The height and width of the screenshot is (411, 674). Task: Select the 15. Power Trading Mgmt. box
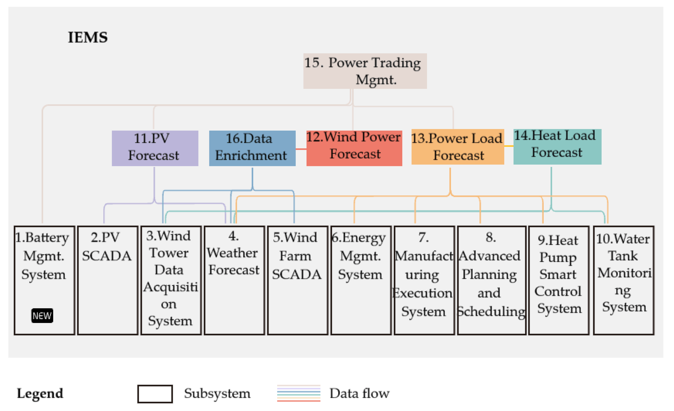pos(365,71)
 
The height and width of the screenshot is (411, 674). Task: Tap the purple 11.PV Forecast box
pos(155,148)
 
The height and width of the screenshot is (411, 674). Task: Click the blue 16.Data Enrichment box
pos(252,148)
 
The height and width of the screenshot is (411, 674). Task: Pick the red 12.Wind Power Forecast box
pos(354,148)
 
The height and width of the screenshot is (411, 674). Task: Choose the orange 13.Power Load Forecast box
pos(457,147)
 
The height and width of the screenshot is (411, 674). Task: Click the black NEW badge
pos(42,315)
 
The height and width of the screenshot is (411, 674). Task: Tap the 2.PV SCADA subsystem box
pos(108,280)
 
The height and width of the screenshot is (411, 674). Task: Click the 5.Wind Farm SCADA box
pos(297,280)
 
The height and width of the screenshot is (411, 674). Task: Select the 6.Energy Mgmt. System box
pos(361,280)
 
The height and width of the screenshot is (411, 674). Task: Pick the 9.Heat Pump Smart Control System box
pos(558,280)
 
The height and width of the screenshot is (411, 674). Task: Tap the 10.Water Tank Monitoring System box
pos(623,280)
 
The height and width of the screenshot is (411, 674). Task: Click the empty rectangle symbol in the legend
pos(155,393)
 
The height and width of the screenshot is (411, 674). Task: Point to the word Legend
pos(40,393)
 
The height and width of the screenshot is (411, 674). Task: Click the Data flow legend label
pos(359,393)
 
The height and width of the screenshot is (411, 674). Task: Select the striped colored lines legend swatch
pos(298,393)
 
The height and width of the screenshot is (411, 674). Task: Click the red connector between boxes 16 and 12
pos(301,149)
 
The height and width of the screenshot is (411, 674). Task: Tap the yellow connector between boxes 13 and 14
pos(509,146)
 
